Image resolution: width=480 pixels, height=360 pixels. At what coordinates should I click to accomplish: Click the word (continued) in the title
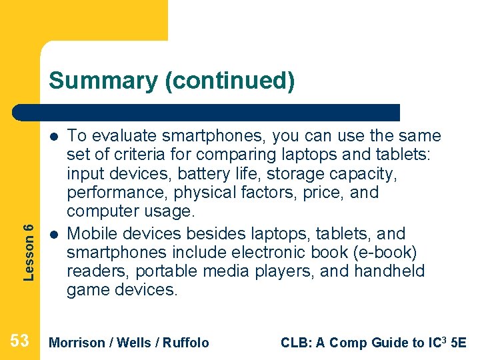(229, 81)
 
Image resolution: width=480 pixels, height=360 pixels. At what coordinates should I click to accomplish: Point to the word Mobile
(91, 234)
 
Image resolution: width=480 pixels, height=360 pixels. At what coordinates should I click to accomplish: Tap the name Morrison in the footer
(77, 343)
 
